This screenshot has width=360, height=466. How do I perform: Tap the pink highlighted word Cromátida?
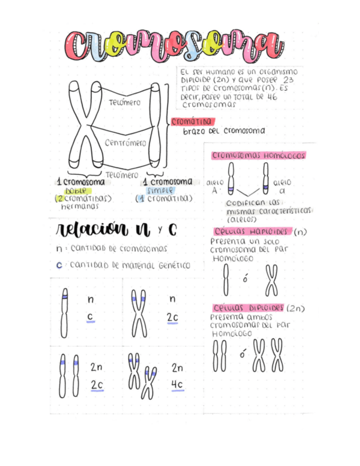192,121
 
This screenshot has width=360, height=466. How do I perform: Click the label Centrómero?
125,142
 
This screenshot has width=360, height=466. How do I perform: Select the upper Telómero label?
124,102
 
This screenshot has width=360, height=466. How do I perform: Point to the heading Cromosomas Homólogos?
258,156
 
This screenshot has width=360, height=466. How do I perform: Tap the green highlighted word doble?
75,190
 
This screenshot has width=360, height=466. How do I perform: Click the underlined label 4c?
177,384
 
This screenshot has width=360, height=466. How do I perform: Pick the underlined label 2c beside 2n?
97,385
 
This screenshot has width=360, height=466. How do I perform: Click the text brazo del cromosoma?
224,131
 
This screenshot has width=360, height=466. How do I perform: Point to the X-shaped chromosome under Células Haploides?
272,280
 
